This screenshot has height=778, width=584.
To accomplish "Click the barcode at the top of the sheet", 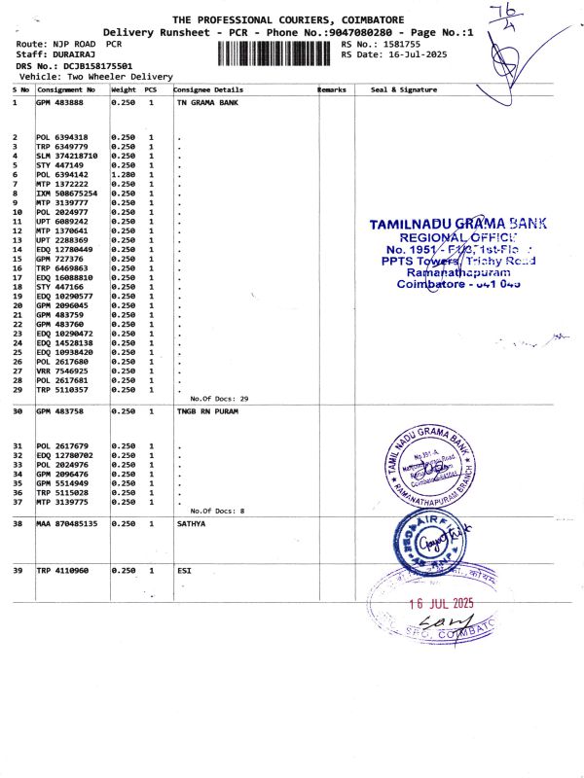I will click(276, 52).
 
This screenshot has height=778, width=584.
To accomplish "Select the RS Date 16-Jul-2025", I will click(410, 54).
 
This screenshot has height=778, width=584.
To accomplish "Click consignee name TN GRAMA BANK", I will click(208, 101).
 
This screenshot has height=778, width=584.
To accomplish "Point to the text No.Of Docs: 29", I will click(219, 399).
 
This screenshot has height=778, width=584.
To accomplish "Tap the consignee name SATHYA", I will click(193, 523).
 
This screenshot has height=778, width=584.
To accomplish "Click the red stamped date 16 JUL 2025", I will click(441, 603).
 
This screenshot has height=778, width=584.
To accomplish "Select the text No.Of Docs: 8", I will click(217, 511).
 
